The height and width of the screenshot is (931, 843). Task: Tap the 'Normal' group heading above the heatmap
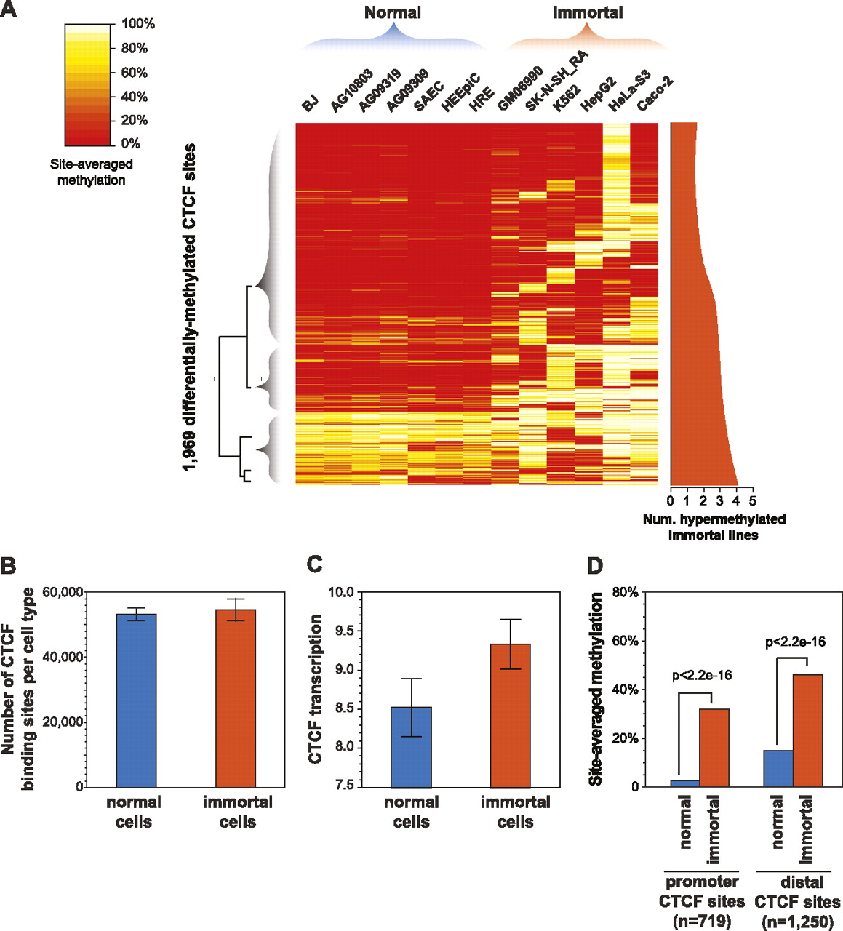tap(393, 12)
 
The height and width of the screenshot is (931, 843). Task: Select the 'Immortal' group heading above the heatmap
tap(588, 12)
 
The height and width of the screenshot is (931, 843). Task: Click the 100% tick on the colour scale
tap(138, 24)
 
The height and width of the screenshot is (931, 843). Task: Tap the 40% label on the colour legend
tap(134, 97)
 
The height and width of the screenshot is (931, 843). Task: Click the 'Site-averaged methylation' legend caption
tap(92, 172)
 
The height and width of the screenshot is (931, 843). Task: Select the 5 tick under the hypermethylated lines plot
tap(753, 500)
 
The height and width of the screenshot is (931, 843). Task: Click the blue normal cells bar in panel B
tap(136, 700)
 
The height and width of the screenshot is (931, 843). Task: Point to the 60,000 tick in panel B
tap(63, 592)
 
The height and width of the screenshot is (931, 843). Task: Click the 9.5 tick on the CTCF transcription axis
tap(341, 631)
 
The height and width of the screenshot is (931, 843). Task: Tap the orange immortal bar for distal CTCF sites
tap(807, 730)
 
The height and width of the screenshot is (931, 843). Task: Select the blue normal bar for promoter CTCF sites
tap(685, 783)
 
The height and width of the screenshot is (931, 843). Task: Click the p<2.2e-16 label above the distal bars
tap(795, 642)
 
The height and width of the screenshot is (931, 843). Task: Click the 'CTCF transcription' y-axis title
tap(316, 688)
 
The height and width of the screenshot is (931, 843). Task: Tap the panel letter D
tap(596, 565)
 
